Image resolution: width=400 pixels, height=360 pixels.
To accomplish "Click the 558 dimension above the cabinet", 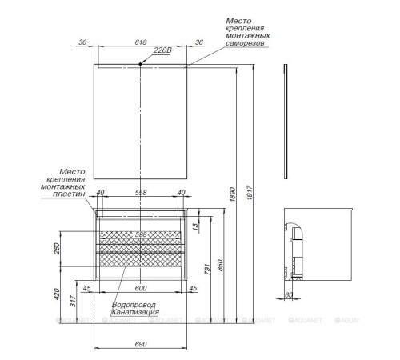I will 141,193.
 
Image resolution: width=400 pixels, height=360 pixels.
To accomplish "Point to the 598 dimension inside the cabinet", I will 141,234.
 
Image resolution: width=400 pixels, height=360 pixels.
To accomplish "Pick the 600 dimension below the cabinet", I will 141,289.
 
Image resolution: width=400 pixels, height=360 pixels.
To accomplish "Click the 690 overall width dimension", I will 141,343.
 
